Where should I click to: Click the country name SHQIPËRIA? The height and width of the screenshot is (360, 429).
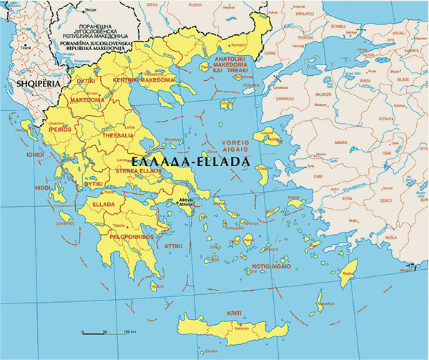coord(34,85)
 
